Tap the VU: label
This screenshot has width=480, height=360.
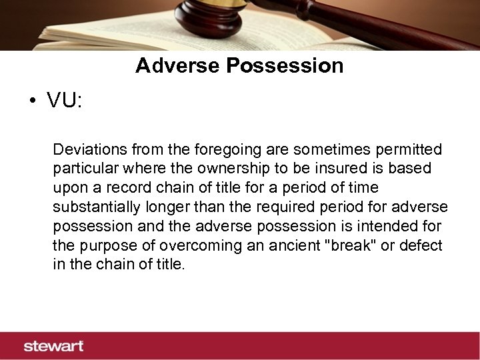coord(64,101)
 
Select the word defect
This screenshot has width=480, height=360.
coord(420,245)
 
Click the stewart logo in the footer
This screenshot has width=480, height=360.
coord(53,346)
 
